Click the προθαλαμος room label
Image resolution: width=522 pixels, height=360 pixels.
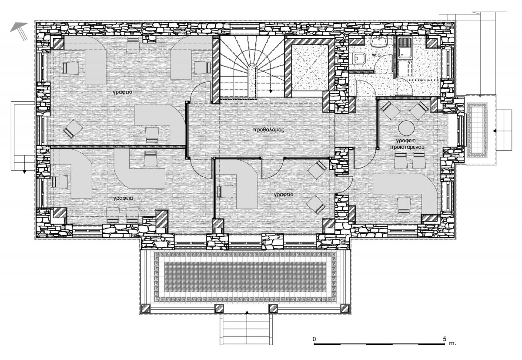coord(269,130)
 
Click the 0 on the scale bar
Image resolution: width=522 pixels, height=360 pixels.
coord(314,339)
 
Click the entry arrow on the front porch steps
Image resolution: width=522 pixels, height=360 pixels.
coord(247,312)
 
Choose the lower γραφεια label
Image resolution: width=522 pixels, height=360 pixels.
coord(123,199)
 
